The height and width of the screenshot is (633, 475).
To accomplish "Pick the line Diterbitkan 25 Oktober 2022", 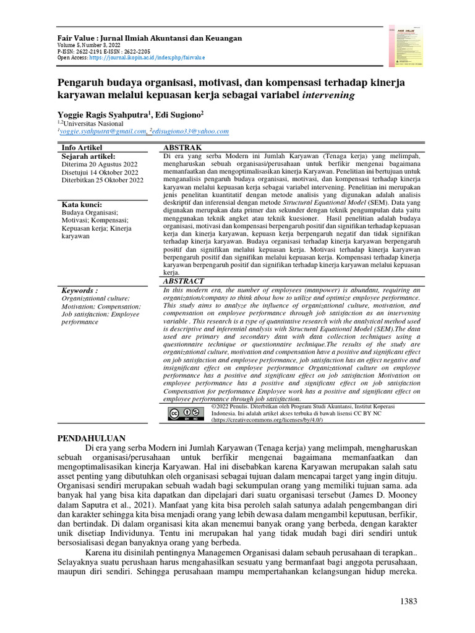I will [x=102, y=181].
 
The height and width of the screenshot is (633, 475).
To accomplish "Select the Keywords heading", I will [x=80, y=290].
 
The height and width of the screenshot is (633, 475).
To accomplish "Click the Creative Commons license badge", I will [x=184, y=412].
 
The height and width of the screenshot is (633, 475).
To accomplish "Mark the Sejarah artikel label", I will [x=88, y=157].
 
